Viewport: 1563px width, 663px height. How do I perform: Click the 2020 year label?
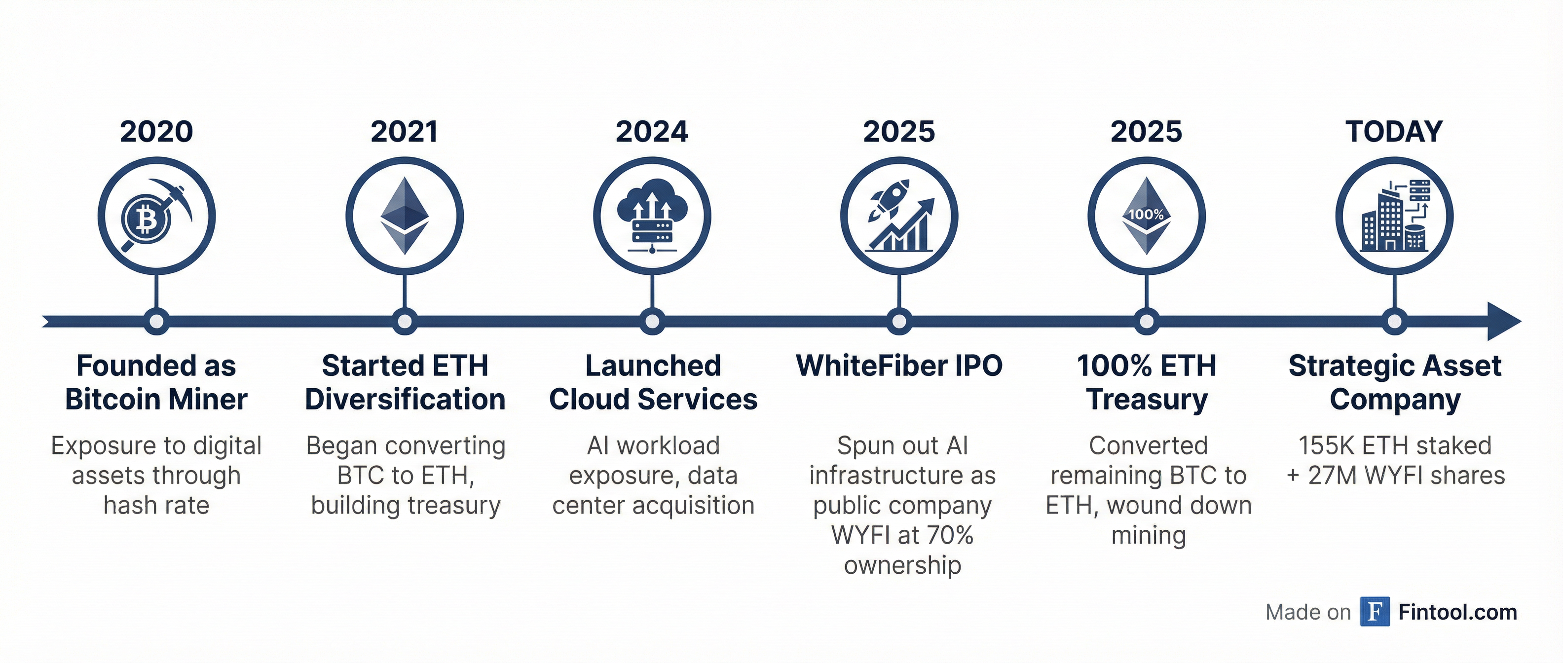[156, 132]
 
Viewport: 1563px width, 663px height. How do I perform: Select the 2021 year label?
[404, 132]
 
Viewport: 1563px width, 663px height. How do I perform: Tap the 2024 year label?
[652, 132]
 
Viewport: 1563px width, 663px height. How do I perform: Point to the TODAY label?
[1394, 132]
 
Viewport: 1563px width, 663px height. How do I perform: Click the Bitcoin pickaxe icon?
[156, 216]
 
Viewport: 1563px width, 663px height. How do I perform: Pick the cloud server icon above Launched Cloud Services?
[652, 216]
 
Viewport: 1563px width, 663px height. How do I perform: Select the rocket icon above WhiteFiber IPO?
[899, 216]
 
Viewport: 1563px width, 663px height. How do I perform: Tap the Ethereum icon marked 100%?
[1146, 216]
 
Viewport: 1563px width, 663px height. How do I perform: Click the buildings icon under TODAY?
[1394, 216]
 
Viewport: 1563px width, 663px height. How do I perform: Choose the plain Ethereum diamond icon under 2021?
[405, 216]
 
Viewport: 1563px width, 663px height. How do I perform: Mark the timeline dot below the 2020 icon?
[156, 321]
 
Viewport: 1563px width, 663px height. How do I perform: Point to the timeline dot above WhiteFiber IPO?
[899, 321]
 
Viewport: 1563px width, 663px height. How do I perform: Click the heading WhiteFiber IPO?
[899, 366]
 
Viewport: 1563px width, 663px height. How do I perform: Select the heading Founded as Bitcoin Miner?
[156, 383]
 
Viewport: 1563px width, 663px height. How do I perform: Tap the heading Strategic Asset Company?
[1395, 383]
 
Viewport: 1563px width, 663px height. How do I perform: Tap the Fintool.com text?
[1457, 612]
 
